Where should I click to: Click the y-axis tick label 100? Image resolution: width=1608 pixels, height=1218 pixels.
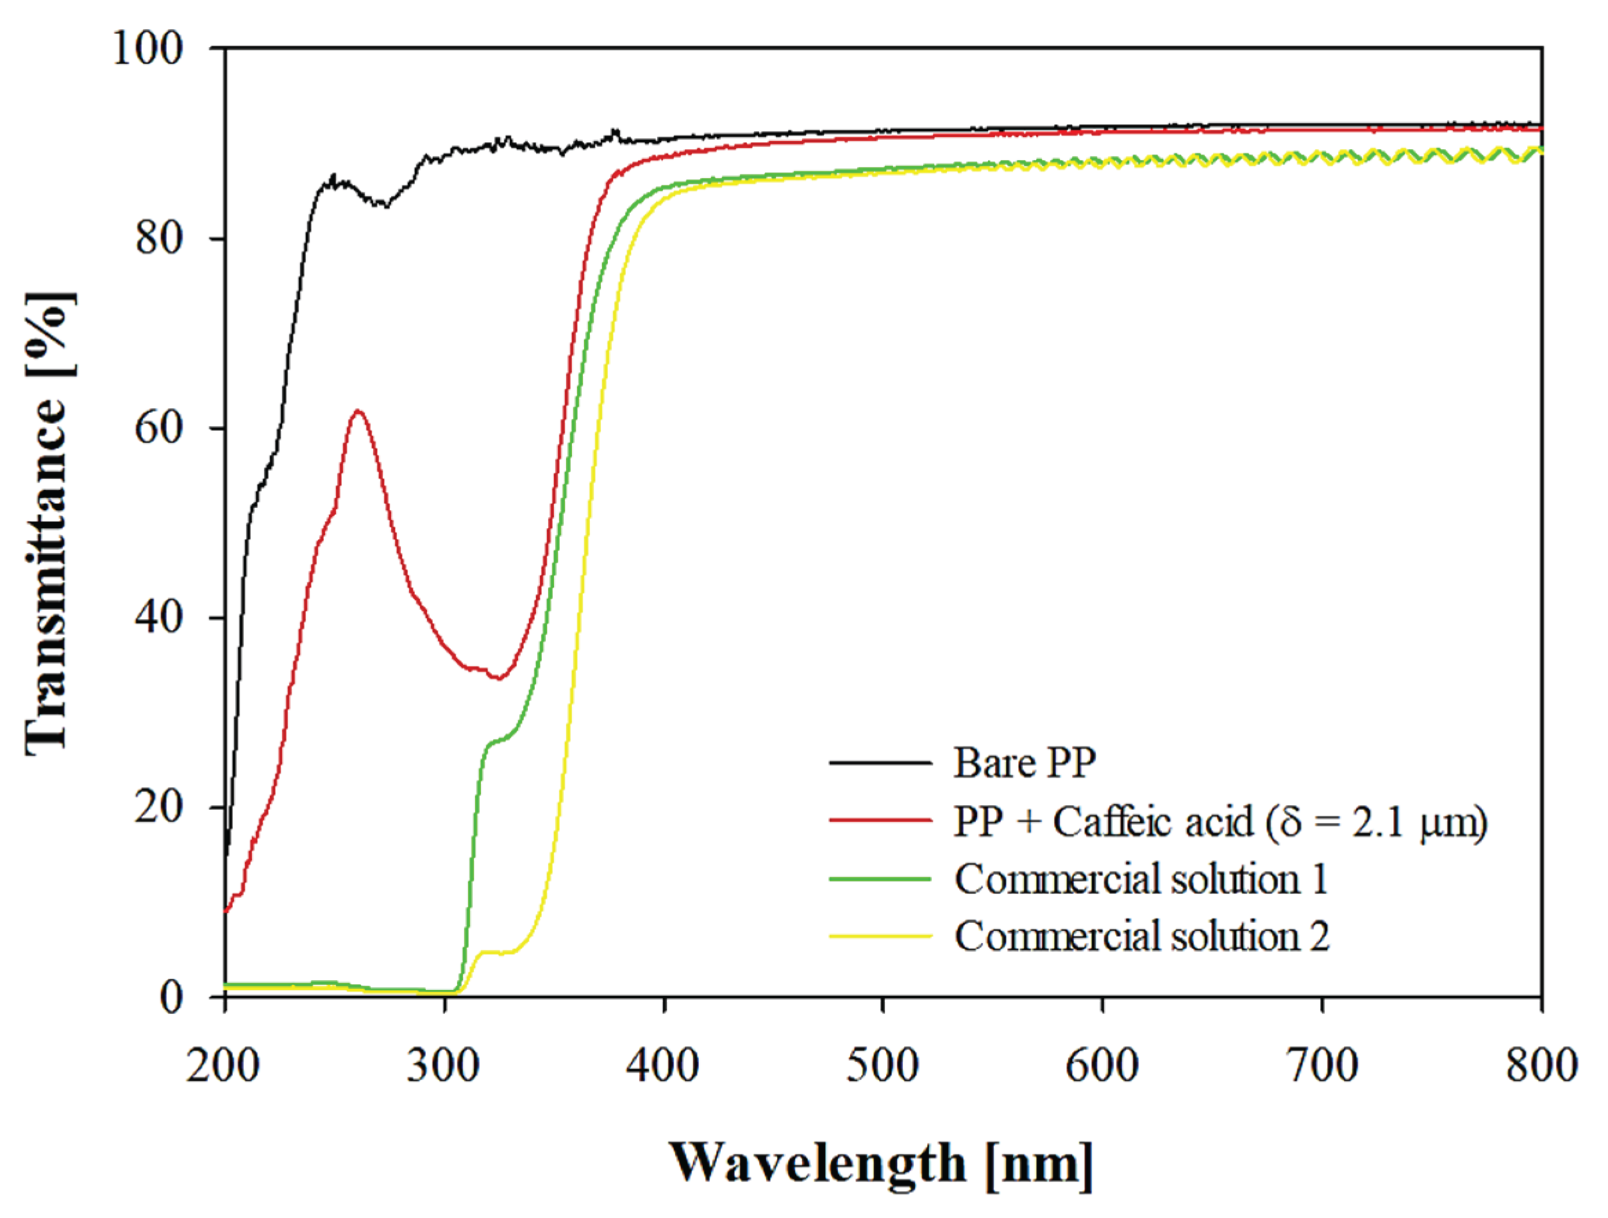coord(147,50)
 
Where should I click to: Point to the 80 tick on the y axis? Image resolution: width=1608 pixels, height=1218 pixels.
coord(159,238)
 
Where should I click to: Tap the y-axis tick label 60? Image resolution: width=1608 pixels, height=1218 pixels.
coord(159,428)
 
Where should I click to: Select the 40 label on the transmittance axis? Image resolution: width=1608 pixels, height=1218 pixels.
coord(159,618)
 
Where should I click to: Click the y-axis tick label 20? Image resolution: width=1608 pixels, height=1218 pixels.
coord(159,807)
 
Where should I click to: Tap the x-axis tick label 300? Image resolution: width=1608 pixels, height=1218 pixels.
coord(443,1066)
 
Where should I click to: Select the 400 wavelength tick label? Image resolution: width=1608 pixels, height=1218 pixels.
coord(663,1066)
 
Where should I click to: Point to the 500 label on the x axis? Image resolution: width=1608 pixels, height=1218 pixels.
coord(882,1066)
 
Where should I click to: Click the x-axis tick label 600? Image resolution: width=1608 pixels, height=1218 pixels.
coord(1102,1066)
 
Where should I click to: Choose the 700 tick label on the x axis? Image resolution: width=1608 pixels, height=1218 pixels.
coord(1322,1066)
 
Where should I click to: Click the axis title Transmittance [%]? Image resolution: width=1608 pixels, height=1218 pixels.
coord(50,523)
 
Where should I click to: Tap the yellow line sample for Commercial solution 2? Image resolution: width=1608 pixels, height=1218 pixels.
coord(880,936)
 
